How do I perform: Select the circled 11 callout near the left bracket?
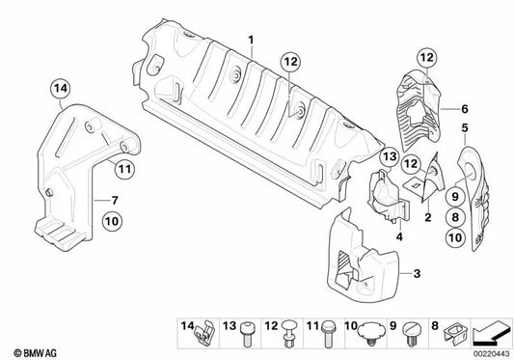[x=123, y=171]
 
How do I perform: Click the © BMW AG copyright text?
[x=31, y=351]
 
